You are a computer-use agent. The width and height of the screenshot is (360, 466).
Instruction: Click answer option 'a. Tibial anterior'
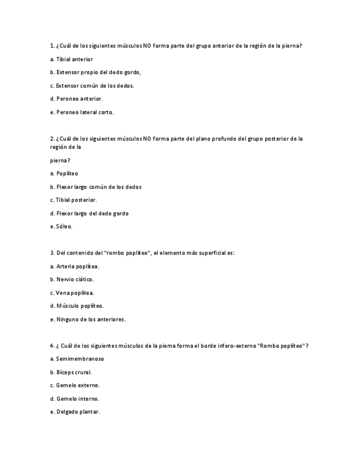[x=71, y=59]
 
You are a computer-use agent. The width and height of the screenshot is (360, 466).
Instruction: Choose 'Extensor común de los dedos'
[x=92, y=86]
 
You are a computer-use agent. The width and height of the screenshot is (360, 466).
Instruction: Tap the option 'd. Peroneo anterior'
[x=76, y=99]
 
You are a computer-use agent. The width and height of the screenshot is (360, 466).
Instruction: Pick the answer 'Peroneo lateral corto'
[x=82, y=112]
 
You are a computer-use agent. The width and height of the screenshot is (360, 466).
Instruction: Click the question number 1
[x=52, y=46]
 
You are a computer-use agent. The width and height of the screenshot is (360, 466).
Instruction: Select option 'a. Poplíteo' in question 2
[x=64, y=173]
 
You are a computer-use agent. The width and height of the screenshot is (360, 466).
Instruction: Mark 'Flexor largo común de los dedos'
[x=96, y=187]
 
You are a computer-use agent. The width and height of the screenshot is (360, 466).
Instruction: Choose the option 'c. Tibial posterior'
[x=73, y=200]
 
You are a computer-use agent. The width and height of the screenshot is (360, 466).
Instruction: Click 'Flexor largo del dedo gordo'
[x=89, y=213]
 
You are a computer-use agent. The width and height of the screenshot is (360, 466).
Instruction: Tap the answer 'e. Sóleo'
[x=61, y=226]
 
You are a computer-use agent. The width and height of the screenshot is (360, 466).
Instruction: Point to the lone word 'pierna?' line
[x=60, y=160]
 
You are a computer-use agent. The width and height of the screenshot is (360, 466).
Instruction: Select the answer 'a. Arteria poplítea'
[x=74, y=266]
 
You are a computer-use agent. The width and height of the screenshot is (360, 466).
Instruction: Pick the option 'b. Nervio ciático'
[x=71, y=279]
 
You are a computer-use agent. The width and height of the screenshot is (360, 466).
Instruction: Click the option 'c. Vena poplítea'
[x=71, y=293]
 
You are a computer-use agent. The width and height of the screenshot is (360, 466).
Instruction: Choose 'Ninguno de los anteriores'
[x=87, y=319]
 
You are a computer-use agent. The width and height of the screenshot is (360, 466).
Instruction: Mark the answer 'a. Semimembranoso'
[x=76, y=359]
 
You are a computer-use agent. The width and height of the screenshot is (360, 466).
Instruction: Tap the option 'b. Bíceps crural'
[x=70, y=372]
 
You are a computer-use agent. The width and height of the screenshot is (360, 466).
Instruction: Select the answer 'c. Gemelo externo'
[x=74, y=385]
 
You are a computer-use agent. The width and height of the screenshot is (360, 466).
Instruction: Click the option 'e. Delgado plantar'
[x=74, y=412]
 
